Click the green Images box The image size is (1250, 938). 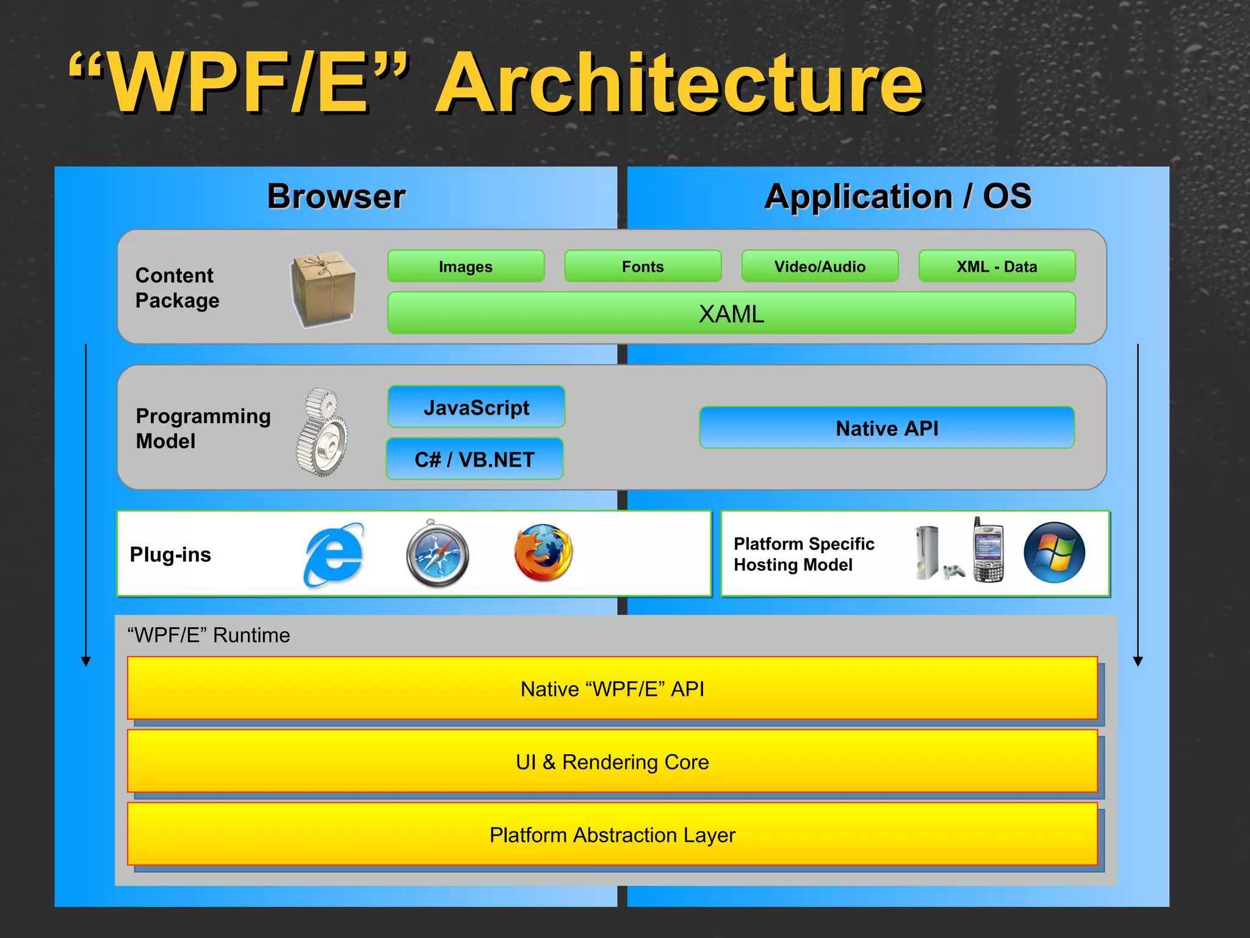coord(466,266)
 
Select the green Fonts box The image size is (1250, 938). coord(643,266)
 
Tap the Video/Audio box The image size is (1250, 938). coord(820,266)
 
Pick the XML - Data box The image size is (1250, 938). coord(997,266)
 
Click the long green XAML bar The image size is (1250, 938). coord(731,313)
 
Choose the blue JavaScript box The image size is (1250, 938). coord(476,407)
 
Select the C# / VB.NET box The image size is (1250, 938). coord(475,459)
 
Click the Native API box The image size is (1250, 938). coord(887,428)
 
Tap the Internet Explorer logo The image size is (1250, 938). coord(334,554)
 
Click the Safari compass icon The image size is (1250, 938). coord(437,554)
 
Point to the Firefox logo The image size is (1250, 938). coord(543,553)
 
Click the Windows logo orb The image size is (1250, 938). coord(1054,553)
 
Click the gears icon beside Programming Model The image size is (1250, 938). coord(323,432)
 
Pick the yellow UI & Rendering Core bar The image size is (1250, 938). coord(612,762)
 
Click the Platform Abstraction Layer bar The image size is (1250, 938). coord(612,834)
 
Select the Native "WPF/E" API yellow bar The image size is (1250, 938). coord(612,688)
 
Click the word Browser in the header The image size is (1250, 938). coord(336,197)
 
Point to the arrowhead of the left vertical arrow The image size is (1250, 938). coord(86,661)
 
